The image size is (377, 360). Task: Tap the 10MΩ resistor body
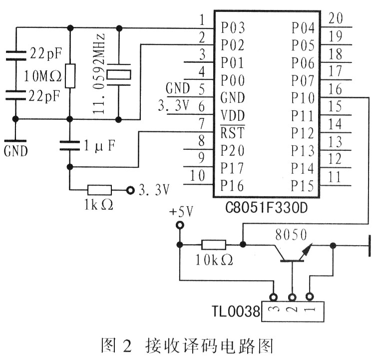tap(70, 76)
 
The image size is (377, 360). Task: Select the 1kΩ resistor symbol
tap(99, 190)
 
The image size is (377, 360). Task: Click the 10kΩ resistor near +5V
tap(213, 245)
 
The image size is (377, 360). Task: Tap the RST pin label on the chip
tap(232, 133)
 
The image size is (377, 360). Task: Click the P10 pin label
tap(303, 98)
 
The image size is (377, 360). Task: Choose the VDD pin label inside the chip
tap(233, 116)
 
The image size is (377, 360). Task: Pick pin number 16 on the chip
tap(336, 89)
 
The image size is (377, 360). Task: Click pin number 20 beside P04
tap(336, 19)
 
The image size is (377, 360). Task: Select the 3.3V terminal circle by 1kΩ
tap(131, 190)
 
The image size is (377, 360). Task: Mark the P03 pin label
tap(232, 28)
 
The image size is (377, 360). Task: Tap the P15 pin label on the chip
tap(303, 186)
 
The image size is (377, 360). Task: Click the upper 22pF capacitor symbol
tap(16, 52)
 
